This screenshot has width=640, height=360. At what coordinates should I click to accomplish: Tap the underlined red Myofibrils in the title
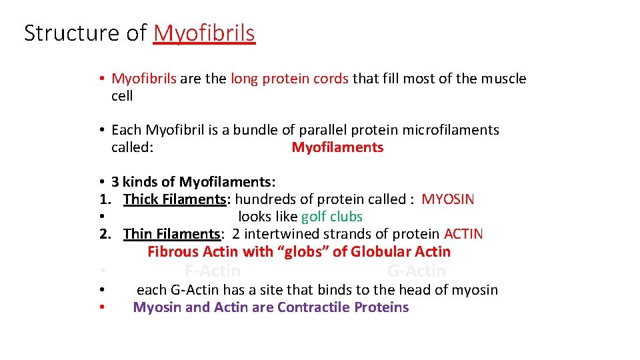[x=204, y=33]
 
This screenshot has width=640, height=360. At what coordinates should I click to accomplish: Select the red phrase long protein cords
[x=289, y=79]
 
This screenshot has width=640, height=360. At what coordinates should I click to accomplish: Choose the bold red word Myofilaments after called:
[x=337, y=147]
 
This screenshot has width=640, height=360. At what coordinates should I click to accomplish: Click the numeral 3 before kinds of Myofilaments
[x=115, y=182]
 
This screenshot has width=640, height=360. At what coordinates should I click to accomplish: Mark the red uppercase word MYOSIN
[x=448, y=199]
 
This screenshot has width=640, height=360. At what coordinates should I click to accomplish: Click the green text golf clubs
[x=332, y=217]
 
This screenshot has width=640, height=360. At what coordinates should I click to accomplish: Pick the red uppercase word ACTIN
[x=463, y=234]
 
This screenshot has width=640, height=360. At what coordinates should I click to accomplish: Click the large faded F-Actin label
[x=213, y=271]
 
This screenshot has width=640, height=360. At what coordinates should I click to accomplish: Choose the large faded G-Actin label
[x=417, y=271]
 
